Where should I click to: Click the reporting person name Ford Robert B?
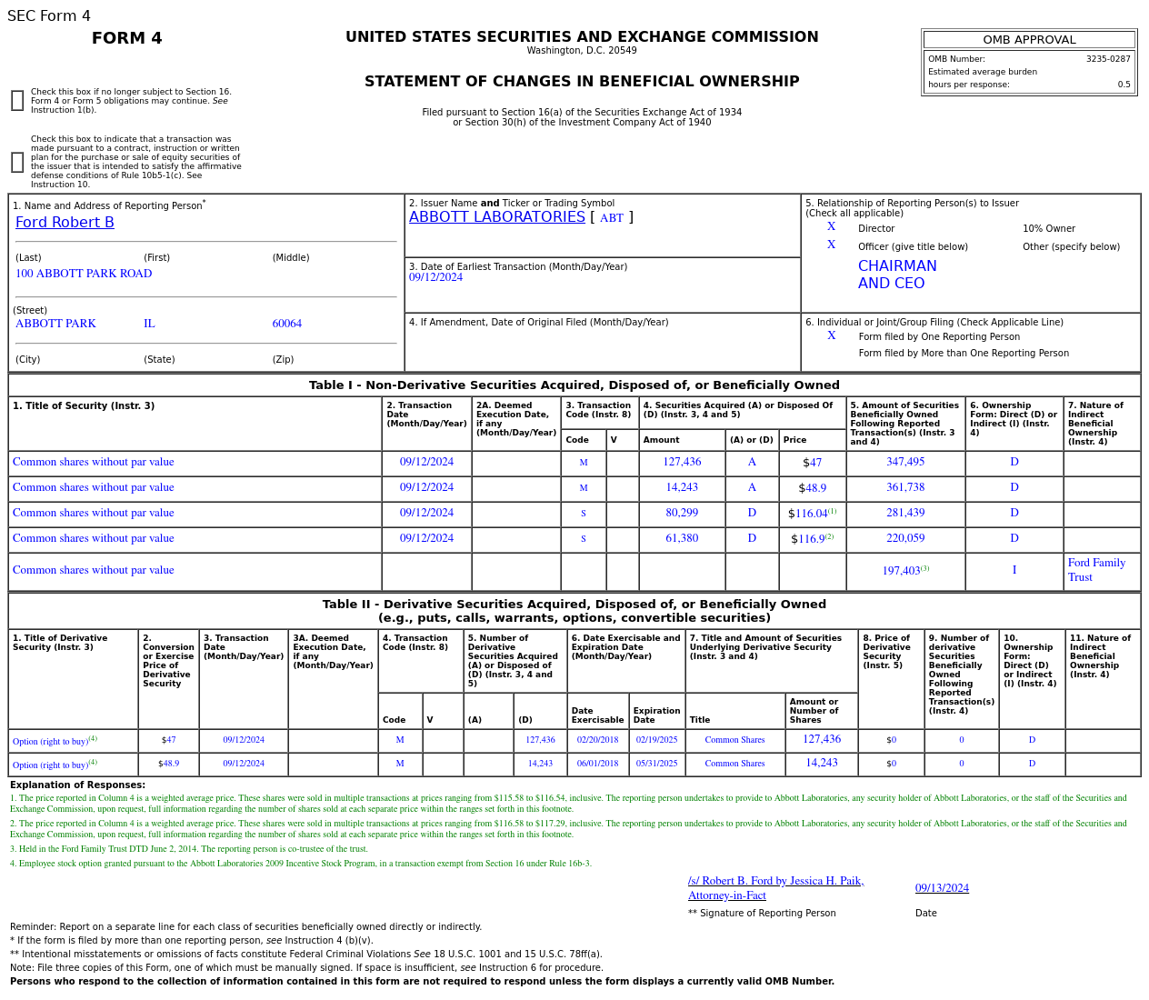point(65,223)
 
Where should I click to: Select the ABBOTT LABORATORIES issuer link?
point(496,217)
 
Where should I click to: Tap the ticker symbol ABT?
point(611,218)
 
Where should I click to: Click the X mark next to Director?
point(831,227)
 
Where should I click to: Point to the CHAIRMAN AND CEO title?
point(896,275)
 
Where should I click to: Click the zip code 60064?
point(286,324)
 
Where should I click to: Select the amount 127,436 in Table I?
point(682,463)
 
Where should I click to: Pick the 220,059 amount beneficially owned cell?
point(904,539)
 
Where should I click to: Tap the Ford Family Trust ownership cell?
point(1096,570)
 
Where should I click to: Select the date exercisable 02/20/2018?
point(597,740)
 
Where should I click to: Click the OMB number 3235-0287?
point(1107,59)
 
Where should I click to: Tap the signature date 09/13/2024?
point(942,888)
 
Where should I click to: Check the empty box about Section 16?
point(17,101)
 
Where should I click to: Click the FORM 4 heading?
point(127,38)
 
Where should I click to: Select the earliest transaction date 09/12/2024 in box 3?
point(435,278)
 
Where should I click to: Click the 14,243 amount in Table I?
point(682,488)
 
